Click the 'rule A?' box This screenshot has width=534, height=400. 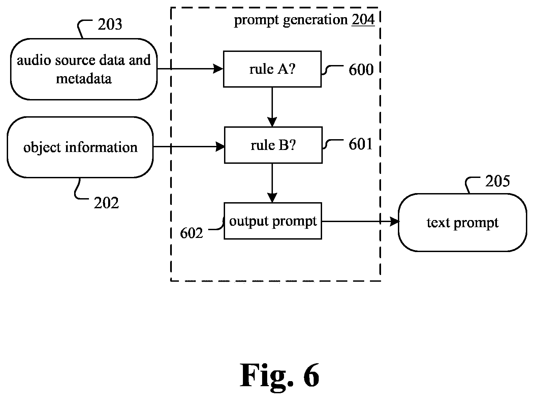[x=272, y=69]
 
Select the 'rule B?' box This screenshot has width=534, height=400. [x=273, y=145]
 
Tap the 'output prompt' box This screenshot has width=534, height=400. [x=273, y=221]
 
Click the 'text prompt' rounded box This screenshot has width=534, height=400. [x=463, y=222]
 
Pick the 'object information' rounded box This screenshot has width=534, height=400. [x=80, y=147]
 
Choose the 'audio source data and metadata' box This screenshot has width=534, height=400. [x=84, y=69]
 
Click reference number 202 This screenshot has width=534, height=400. [x=106, y=203]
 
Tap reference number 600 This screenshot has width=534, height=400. [x=361, y=69]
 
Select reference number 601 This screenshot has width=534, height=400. [x=360, y=144]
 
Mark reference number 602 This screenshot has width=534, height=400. [x=191, y=233]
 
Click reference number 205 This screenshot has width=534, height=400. [x=497, y=181]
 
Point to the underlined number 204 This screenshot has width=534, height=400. [x=363, y=20]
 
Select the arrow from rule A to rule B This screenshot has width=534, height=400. [x=272, y=107]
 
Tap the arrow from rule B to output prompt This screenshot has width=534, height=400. [x=272, y=183]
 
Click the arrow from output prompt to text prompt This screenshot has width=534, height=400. [x=360, y=221]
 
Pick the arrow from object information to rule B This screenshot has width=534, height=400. [x=189, y=147]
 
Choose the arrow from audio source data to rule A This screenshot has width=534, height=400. [x=190, y=69]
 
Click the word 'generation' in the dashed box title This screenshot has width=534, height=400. [x=315, y=20]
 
